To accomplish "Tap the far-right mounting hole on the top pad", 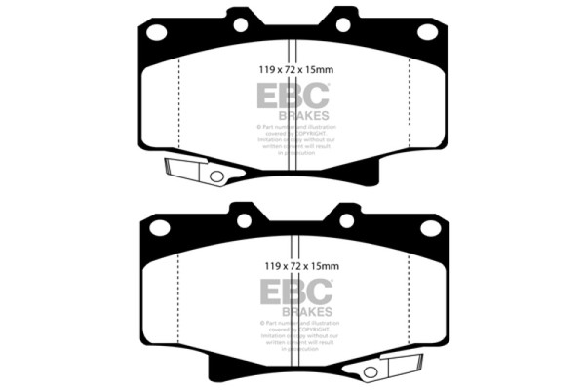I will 426,31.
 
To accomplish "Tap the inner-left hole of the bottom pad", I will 242,221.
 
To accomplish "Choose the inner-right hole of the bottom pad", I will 344,221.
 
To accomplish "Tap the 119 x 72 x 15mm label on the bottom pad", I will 292,265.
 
